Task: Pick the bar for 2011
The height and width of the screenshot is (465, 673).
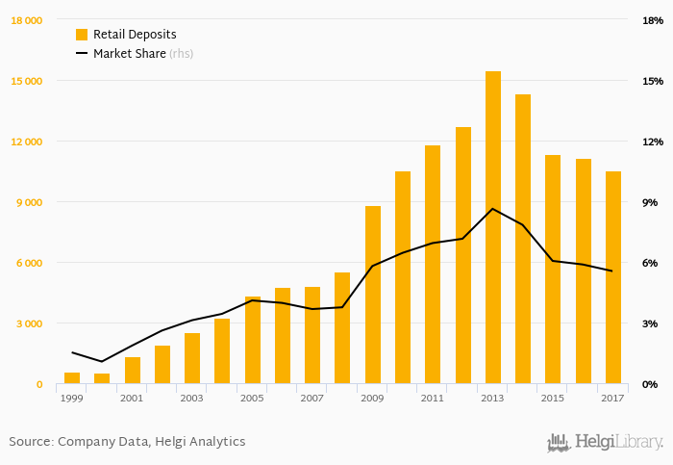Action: (433, 265)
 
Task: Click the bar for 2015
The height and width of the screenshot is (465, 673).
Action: (553, 270)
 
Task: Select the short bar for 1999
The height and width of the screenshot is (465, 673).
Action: (72, 378)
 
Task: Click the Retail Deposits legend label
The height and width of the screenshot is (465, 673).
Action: (135, 35)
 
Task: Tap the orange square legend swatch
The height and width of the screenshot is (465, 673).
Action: (82, 35)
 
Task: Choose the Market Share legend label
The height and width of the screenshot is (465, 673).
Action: (129, 54)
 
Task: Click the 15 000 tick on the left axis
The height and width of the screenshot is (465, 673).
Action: (26, 81)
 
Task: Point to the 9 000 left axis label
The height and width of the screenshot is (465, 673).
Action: (29, 202)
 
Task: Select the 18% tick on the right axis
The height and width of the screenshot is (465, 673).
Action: (653, 20)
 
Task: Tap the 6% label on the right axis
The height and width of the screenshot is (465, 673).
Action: (650, 263)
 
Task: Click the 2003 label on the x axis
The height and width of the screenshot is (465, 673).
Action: (192, 398)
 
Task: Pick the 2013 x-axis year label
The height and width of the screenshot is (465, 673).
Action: (493, 398)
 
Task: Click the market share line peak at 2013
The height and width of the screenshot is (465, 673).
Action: (493, 209)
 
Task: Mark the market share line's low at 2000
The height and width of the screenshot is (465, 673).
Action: (102, 361)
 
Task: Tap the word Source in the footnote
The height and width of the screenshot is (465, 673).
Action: (30, 442)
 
